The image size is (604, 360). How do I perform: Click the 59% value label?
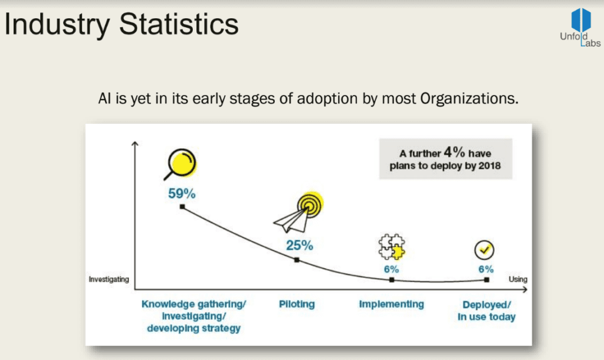(182, 194)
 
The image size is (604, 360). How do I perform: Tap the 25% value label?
(299, 245)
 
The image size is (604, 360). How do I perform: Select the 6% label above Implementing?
(392, 269)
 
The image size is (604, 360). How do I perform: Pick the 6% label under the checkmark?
(486, 269)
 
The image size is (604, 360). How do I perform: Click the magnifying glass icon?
(180, 164)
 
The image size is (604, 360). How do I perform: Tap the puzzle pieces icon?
(392, 247)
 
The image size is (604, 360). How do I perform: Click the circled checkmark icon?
(484, 250)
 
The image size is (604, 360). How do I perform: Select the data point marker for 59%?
(183, 207)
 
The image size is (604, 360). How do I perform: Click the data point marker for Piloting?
(297, 260)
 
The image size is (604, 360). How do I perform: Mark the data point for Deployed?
(487, 280)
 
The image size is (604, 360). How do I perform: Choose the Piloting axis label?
(297, 304)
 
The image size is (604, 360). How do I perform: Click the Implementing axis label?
(392, 304)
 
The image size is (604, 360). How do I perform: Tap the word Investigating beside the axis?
(109, 279)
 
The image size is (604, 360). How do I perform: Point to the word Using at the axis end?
(518, 279)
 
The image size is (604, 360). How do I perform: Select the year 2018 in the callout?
(490, 166)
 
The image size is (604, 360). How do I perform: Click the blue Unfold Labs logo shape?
(581, 20)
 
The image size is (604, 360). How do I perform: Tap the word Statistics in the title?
(179, 24)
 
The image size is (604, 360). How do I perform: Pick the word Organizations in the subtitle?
(469, 99)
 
